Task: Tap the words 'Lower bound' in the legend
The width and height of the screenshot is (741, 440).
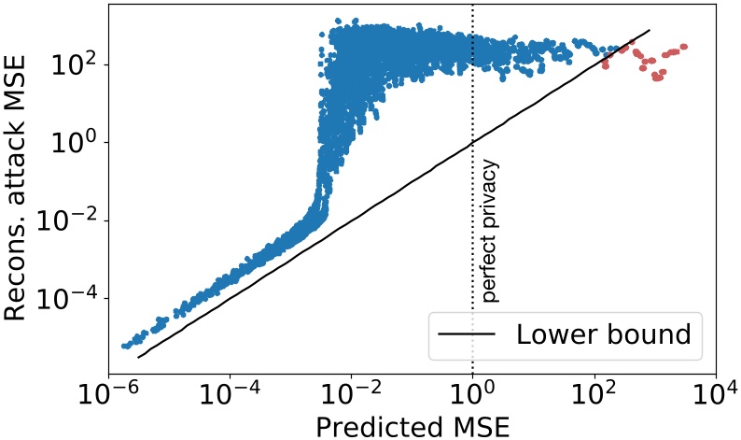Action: tap(619, 334)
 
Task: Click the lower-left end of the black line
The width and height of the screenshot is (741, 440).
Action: tap(138, 357)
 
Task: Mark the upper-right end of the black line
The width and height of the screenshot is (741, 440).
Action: tap(650, 30)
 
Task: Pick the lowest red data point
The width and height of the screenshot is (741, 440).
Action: tap(658, 78)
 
